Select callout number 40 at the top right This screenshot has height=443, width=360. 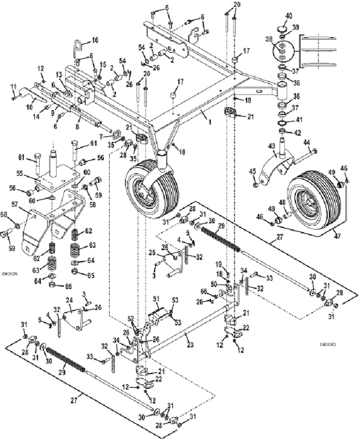coord(288,16)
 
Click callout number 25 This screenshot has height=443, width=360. coord(151,252)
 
